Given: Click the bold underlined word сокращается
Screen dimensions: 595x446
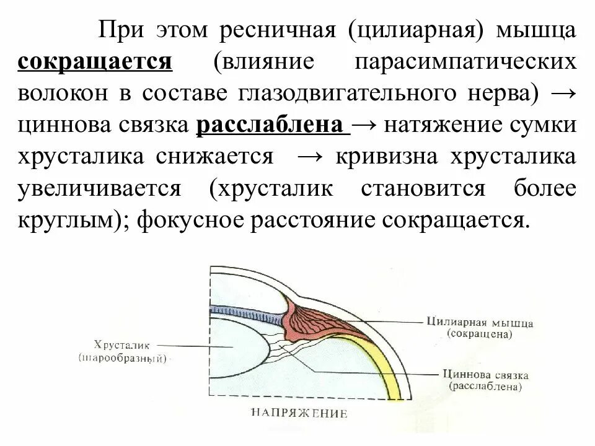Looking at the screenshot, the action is point(95,62).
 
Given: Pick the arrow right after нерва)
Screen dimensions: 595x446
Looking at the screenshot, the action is point(563,94).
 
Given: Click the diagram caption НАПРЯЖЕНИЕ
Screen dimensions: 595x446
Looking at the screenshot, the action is point(299,413).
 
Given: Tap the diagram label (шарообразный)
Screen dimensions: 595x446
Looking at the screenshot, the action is point(123,359).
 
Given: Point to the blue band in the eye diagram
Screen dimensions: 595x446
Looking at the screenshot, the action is point(248,311).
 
